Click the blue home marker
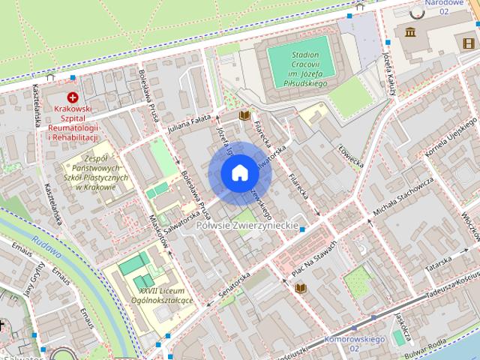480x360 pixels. (240, 173)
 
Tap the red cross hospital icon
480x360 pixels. (73, 97)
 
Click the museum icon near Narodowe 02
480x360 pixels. (410, 31)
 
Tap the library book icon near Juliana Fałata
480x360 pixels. (244, 115)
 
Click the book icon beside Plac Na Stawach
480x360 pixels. (301, 288)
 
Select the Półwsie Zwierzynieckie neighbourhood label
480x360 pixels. (247, 225)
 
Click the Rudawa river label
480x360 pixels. (46, 253)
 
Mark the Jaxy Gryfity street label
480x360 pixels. (33, 280)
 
